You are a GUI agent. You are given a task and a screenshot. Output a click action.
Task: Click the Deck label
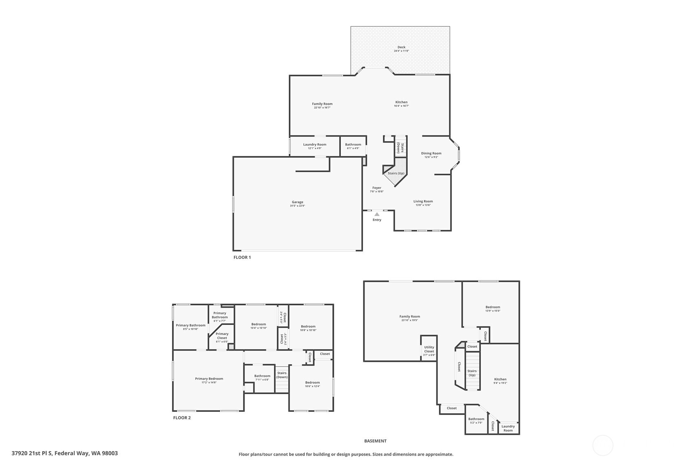401,47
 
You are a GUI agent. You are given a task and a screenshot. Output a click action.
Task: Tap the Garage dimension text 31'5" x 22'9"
297,206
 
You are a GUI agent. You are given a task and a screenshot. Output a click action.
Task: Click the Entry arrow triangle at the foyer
377,214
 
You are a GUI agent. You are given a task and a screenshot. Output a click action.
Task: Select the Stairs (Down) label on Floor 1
400,148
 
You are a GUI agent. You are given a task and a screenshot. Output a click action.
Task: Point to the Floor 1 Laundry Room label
314,144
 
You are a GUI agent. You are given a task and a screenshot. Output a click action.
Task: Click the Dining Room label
431,153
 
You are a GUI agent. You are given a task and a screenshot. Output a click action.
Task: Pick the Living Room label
423,201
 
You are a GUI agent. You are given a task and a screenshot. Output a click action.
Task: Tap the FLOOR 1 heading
242,257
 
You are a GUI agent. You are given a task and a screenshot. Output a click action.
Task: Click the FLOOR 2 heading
181,417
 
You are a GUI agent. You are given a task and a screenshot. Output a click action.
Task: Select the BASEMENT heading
375,441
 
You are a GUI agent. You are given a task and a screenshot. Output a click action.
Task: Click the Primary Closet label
222,335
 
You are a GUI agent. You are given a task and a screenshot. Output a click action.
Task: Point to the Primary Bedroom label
209,379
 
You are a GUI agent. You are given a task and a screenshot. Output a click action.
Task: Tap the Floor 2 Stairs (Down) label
282,375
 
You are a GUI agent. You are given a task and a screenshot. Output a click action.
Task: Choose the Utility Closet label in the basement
429,349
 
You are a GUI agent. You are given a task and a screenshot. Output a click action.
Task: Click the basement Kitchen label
500,379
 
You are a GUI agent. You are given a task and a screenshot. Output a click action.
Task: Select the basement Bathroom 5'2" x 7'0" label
476,419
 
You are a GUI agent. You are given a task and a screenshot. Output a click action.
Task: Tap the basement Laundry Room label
508,428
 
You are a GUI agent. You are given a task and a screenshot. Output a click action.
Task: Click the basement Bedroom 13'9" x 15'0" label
493,307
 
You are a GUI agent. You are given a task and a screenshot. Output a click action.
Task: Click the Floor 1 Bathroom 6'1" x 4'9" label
353,144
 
